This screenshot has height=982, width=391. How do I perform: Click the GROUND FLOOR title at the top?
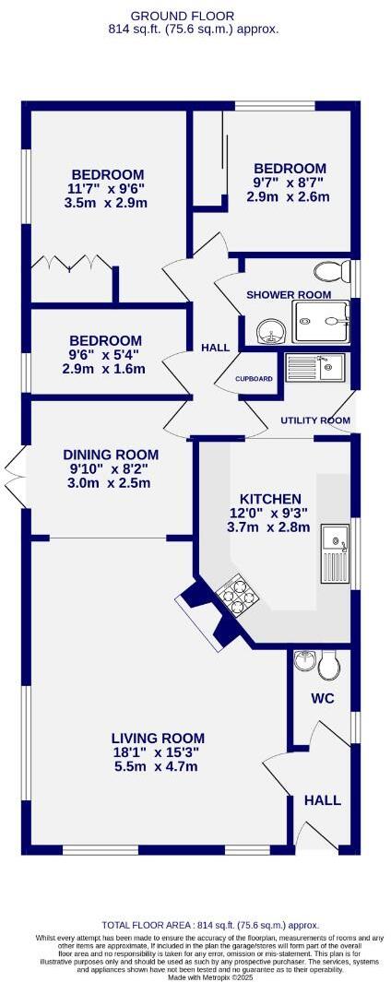coord(195,16)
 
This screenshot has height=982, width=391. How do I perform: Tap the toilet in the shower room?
coord(329,272)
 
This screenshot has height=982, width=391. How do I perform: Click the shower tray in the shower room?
coord(321,321)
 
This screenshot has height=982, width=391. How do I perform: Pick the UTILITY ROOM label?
coord(315,420)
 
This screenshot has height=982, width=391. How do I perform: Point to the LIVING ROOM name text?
coord(157,738)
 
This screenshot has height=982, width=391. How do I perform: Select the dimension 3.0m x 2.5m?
coord(110,484)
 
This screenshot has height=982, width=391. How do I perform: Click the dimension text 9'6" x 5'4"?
coord(105,355)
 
